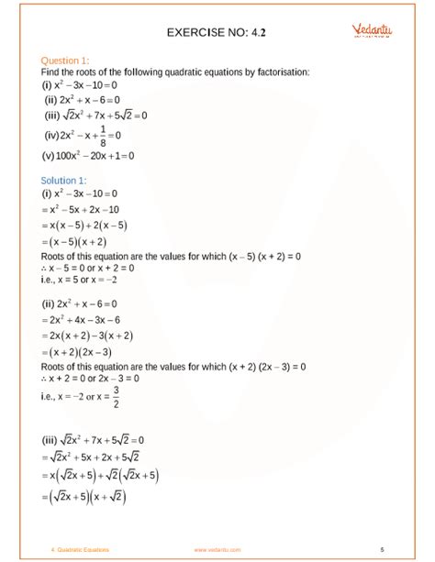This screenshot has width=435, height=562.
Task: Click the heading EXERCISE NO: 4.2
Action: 217,35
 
